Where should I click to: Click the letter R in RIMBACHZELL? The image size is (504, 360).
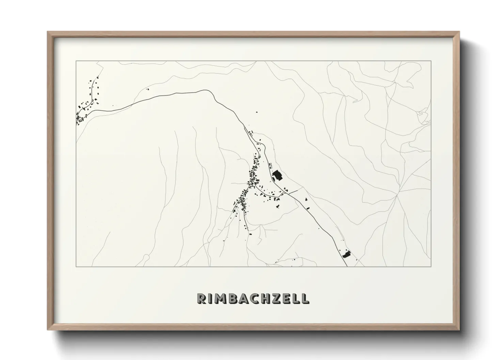coord(201,298)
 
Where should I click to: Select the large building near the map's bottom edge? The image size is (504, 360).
coord(346,254)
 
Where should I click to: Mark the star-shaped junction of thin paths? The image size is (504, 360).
coord(397,196)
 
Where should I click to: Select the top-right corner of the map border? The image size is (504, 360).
coord(431,61)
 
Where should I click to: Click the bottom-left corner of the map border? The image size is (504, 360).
coord(76,266)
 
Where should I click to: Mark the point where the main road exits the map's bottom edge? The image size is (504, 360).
coord(347,266)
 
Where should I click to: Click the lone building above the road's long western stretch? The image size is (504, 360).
coord(147,89)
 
